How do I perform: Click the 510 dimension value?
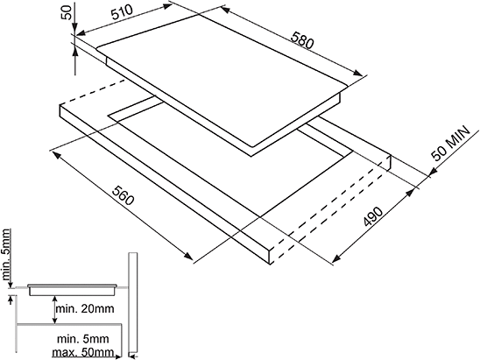click(x=123, y=12)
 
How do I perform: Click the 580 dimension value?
click(x=302, y=39)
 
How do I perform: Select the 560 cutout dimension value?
click(x=123, y=195)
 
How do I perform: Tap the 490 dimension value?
click(x=373, y=216)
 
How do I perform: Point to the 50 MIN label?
click(x=450, y=144)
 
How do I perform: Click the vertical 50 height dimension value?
click(x=67, y=12)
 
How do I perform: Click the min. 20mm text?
click(x=85, y=308)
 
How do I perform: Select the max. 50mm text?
click(x=83, y=352)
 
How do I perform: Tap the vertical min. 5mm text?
click(x=6, y=255)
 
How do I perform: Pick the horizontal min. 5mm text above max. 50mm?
click(x=83, y=339)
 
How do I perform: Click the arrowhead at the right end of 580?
click(x=357, y=73)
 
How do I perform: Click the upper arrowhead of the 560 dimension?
click(x=56, y=155)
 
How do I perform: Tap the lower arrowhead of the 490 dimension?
click(x=336, y=258)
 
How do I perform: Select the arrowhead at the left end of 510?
click(x=81, y=32)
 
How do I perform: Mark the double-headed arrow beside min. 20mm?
click(x=54, y=309)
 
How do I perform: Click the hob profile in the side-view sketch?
click(x=73, y=289)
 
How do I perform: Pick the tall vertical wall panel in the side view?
click(x=133, y=302)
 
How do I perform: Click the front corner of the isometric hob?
click(x=251, y=157)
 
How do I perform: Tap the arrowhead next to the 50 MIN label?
click(x=432, y=173)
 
